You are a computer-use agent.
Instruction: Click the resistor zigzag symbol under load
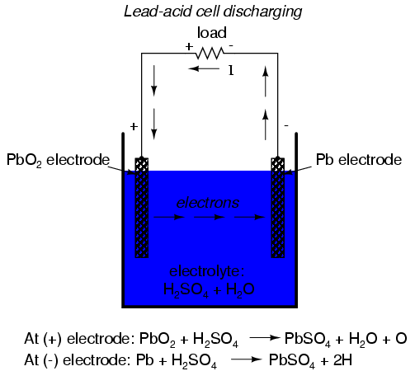tap(210, 53)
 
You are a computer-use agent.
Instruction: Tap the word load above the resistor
tap(212, 33)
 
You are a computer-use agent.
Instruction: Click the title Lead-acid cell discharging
tap(213, 12)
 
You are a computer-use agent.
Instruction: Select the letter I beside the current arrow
tap(231, 71)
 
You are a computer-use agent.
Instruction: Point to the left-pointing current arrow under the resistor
tap(204, 68)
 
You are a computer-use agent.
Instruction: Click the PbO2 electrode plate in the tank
tap(142, 208)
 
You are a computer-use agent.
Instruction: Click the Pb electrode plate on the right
tap(278, 208)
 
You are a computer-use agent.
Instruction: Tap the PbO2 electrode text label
tap(58, 160)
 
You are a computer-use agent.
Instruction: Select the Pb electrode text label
tap(359, 160)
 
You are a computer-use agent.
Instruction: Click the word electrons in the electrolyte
tap(208, 203)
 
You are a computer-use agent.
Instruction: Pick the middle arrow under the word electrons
tap(210, 217)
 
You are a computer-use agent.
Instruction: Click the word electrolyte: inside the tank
tap(207, 271)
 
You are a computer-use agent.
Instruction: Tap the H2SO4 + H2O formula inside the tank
tap(209, 289)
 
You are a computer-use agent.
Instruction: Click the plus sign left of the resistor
tap(189, 47)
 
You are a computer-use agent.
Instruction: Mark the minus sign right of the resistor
tap(231, 45)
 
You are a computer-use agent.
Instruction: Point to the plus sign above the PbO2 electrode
tap(134, 126)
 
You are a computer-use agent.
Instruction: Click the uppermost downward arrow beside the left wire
tap(154, 81)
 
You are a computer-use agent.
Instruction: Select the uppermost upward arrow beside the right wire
tap(266, 82)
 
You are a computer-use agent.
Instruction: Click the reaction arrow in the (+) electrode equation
tap(265, 338)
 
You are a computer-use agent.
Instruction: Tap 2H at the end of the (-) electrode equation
tap(342, 360)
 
